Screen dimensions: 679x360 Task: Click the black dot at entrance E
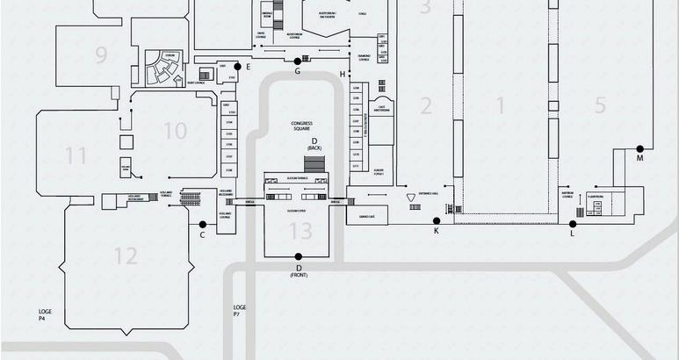(237, 66)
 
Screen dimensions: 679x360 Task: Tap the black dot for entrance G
(298, 61)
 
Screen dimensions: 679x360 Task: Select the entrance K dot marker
(437, 220)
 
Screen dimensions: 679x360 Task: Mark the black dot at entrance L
(573, 223)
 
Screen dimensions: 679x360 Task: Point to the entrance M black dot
(640, 148)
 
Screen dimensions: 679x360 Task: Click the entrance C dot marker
(203, 224)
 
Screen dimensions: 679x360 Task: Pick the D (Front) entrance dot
(299, 256)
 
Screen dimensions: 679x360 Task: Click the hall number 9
(101, 55)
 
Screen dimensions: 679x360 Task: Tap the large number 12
(125, 256)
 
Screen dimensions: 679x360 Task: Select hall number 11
(76, 156)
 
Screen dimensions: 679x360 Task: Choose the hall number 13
(300, 231)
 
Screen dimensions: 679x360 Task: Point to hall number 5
(600, 106)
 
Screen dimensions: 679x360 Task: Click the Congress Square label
(301, 126)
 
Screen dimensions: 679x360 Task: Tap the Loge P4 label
(46, 314)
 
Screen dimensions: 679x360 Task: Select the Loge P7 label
(239, 310)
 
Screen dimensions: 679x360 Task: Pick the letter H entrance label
(343, 75)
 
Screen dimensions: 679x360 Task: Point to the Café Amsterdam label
(381, 108)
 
